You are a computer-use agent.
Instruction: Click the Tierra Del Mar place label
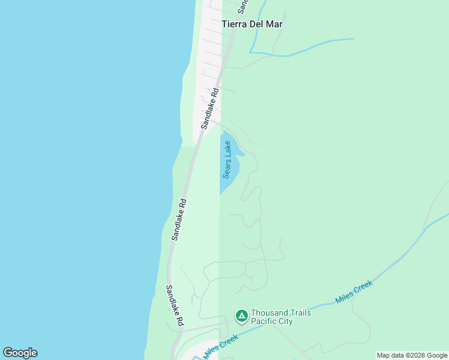252,25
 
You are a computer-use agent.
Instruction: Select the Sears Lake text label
227,159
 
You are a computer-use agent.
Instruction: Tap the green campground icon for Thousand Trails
241,316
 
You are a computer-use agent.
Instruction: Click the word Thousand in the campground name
269,313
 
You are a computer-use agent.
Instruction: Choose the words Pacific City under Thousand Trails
272,322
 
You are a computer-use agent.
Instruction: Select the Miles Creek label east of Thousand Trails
354,292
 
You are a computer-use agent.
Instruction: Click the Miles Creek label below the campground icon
221,347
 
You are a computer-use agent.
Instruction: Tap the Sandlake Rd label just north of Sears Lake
209,107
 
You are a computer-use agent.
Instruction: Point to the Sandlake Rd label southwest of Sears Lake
179,220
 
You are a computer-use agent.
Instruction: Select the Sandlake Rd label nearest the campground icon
175,305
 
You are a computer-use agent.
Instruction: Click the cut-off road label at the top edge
243,6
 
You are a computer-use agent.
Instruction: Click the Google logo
20,353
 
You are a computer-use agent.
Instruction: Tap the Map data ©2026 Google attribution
412,355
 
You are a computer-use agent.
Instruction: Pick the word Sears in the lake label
227,169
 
